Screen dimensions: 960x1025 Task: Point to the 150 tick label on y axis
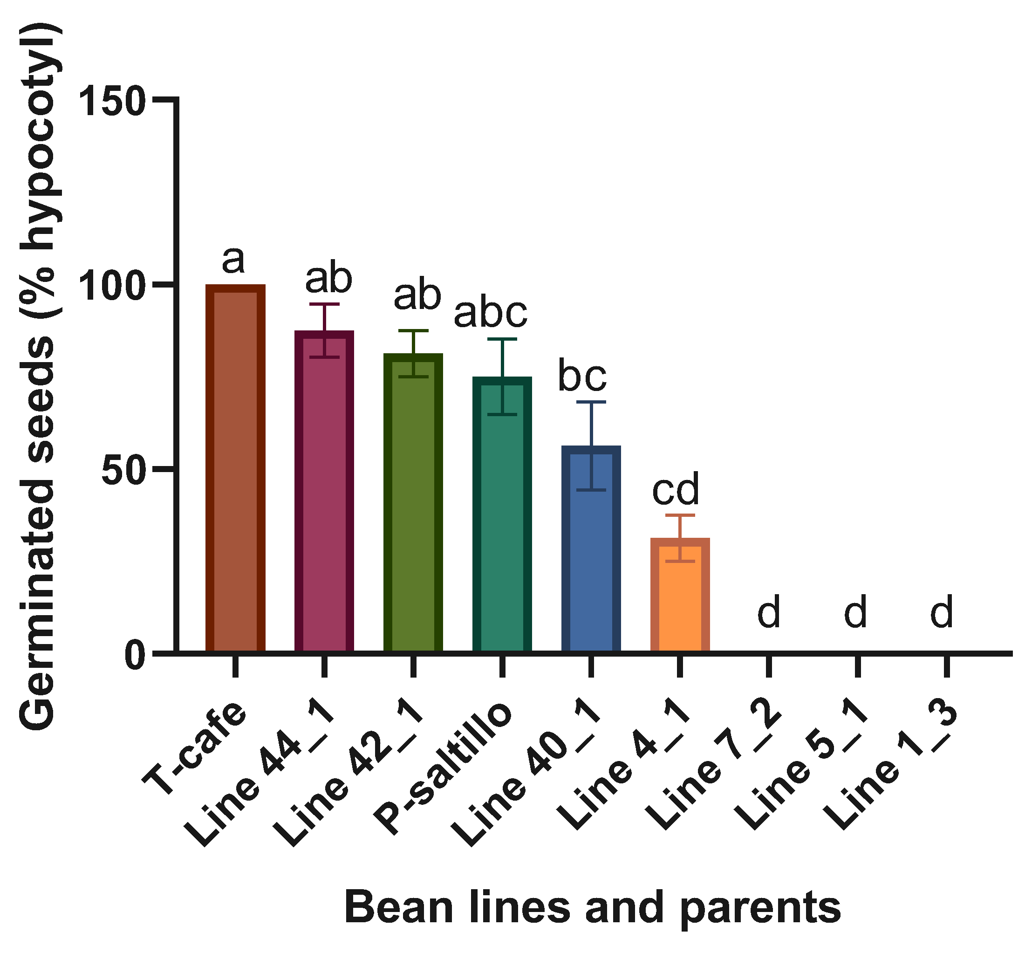coord(112,101)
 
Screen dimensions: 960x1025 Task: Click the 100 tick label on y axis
coord(112,287)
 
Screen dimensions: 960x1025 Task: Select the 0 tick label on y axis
coord(135,657)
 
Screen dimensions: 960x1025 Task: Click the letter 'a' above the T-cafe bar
coord(233,260)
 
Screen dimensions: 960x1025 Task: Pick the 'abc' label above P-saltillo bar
coord(490,313)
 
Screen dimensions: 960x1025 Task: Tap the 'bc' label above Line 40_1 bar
coord(582,377)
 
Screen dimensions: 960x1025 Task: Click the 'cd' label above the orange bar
coord(676,489)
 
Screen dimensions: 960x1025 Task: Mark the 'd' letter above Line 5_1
coord(855,612)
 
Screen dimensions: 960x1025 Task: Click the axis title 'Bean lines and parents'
coord(593,907)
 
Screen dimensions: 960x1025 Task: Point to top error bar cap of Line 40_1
coord(591,401)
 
